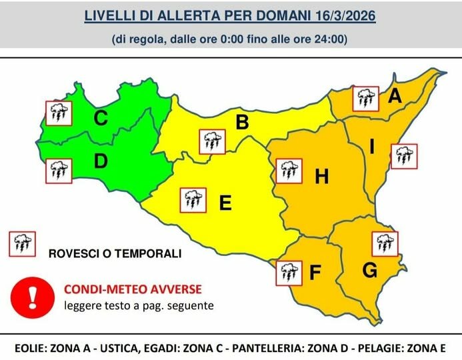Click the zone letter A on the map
395,97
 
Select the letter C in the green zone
101,119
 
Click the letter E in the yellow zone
225,203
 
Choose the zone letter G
369,271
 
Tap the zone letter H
322,177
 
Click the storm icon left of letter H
287,171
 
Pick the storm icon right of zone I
403,156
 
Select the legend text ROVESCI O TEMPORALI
115,254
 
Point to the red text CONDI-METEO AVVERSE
132,290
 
